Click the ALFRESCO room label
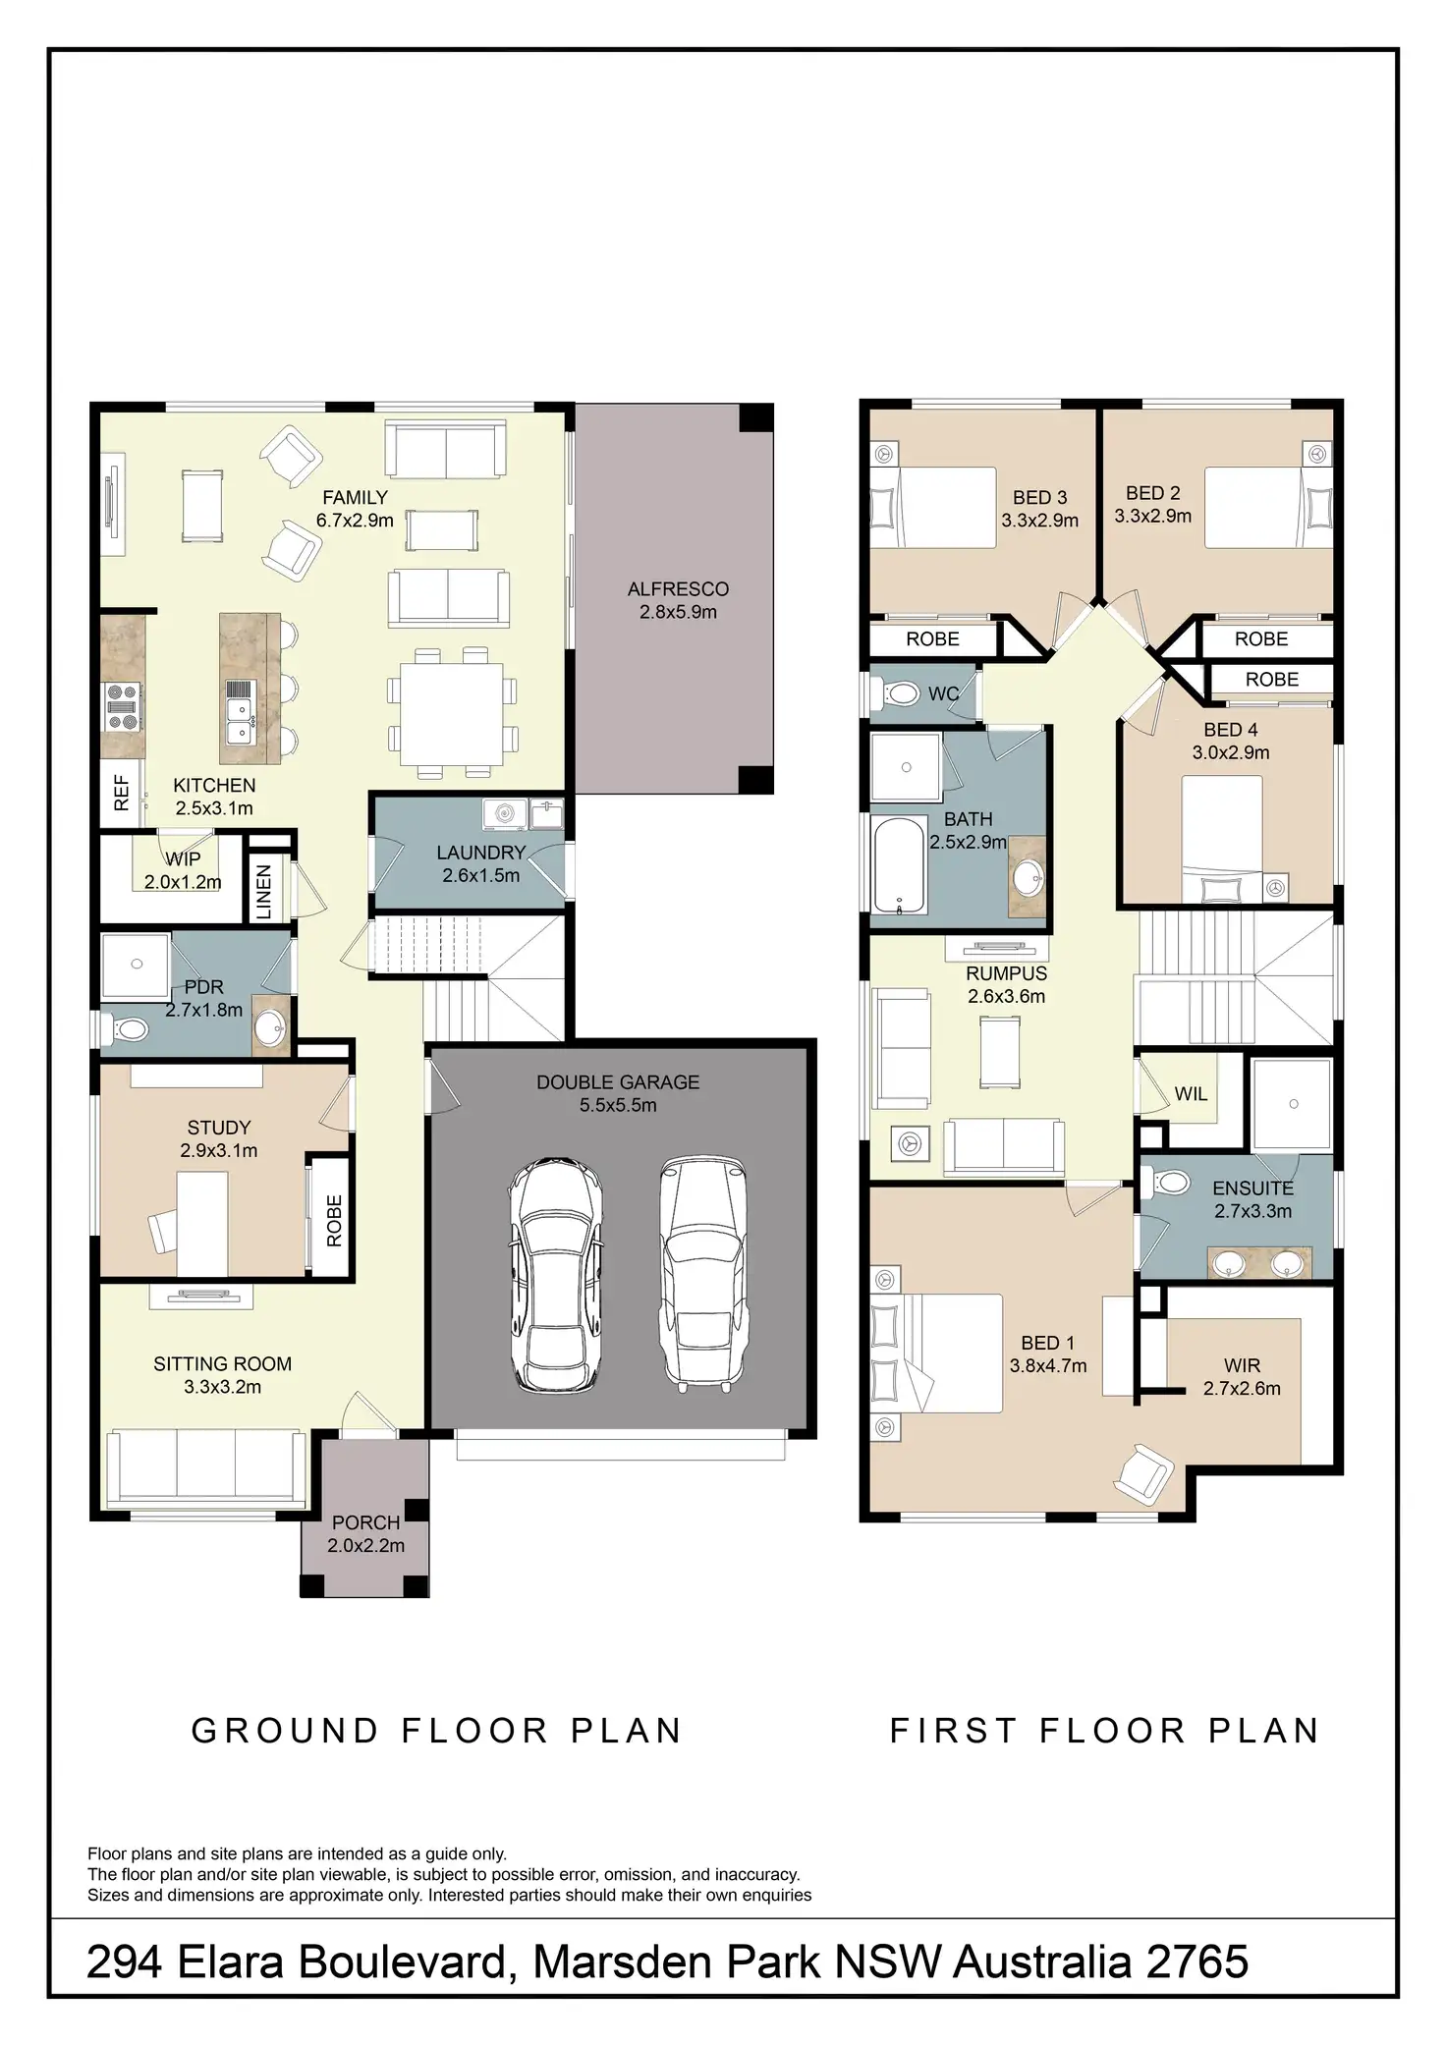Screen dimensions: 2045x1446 pos(678,589)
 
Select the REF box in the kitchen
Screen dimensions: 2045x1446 pos(122,792)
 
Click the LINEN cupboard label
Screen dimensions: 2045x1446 pos(263,892)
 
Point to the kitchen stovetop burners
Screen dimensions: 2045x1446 pos(123,707)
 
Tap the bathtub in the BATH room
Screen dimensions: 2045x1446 pos(898,863)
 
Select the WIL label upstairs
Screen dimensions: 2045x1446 pos(1191,1094)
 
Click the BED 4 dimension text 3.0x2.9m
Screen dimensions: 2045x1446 pos(1230,753)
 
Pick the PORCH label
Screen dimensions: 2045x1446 pos(365,1522)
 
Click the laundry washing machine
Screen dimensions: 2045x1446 pos(505,813)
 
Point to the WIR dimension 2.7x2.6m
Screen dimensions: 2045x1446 pos(1242,1389)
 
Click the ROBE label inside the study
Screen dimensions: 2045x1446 pos(334,1220)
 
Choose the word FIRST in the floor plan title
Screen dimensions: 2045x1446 pos(952,1731)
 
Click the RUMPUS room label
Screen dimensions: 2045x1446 pos(1006,973)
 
